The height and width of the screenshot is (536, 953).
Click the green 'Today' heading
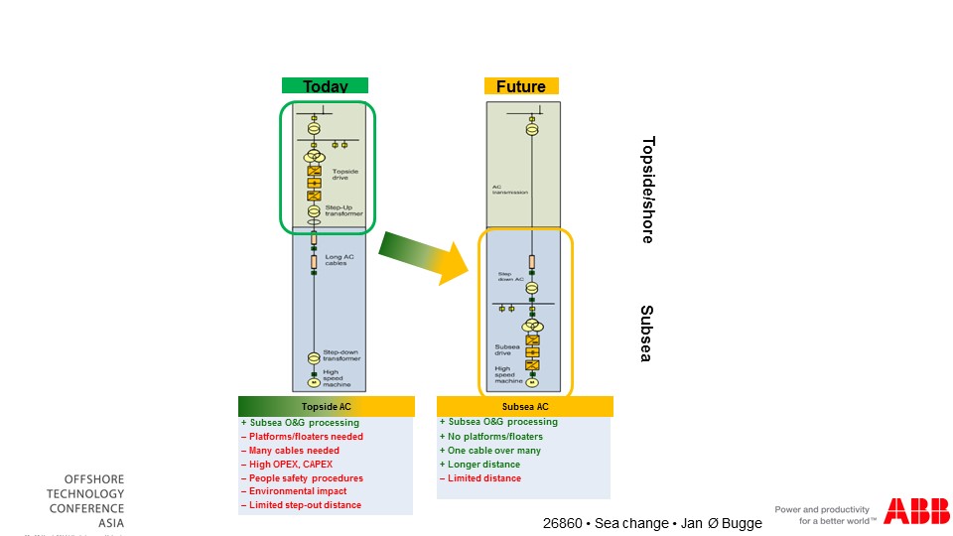325,86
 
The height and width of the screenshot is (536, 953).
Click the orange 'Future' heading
521,86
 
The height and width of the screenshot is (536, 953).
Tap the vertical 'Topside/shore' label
647,190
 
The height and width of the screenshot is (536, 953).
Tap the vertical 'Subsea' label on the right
646,333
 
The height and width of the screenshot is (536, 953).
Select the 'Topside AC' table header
325,407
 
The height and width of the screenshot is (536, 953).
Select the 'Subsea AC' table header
524,407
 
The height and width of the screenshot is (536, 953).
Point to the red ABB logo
916,511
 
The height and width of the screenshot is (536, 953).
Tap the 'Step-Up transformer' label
343,210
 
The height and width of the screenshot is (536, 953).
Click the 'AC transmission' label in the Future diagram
510,189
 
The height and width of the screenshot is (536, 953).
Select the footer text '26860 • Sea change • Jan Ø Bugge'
652,523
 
